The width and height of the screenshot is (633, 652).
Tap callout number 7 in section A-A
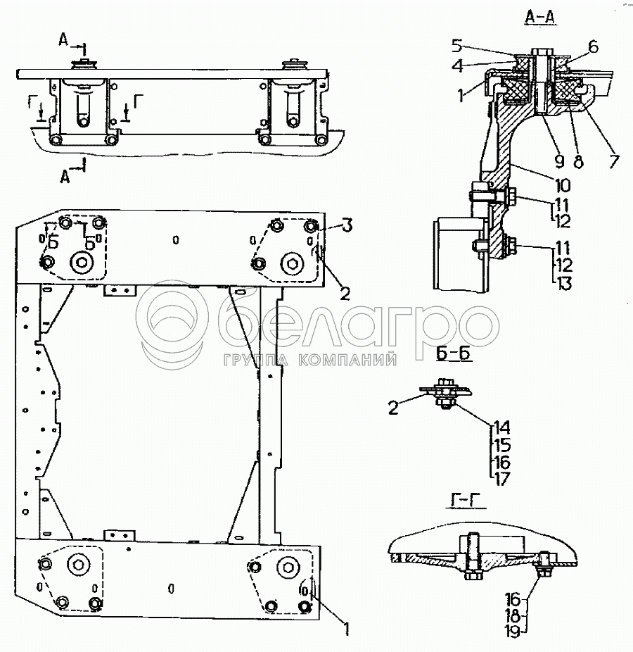pos(613,160)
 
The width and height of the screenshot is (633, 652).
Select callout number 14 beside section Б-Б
pos(501,427)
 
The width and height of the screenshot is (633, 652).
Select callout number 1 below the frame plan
pos(347,625)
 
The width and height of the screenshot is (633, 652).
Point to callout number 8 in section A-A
pos(578,161)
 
